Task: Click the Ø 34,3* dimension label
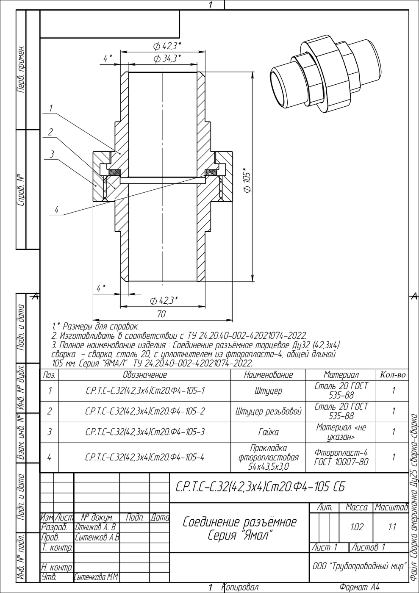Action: coord(167,58)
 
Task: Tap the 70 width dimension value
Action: coord(161,314)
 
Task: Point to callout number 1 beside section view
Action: coord(50,108)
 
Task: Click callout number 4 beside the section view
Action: coord(56,210)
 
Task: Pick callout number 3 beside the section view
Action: coord(52,154)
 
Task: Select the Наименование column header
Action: coord(268,374)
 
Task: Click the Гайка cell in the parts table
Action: coord(268,432)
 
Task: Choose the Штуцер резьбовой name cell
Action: coord(268,411)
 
